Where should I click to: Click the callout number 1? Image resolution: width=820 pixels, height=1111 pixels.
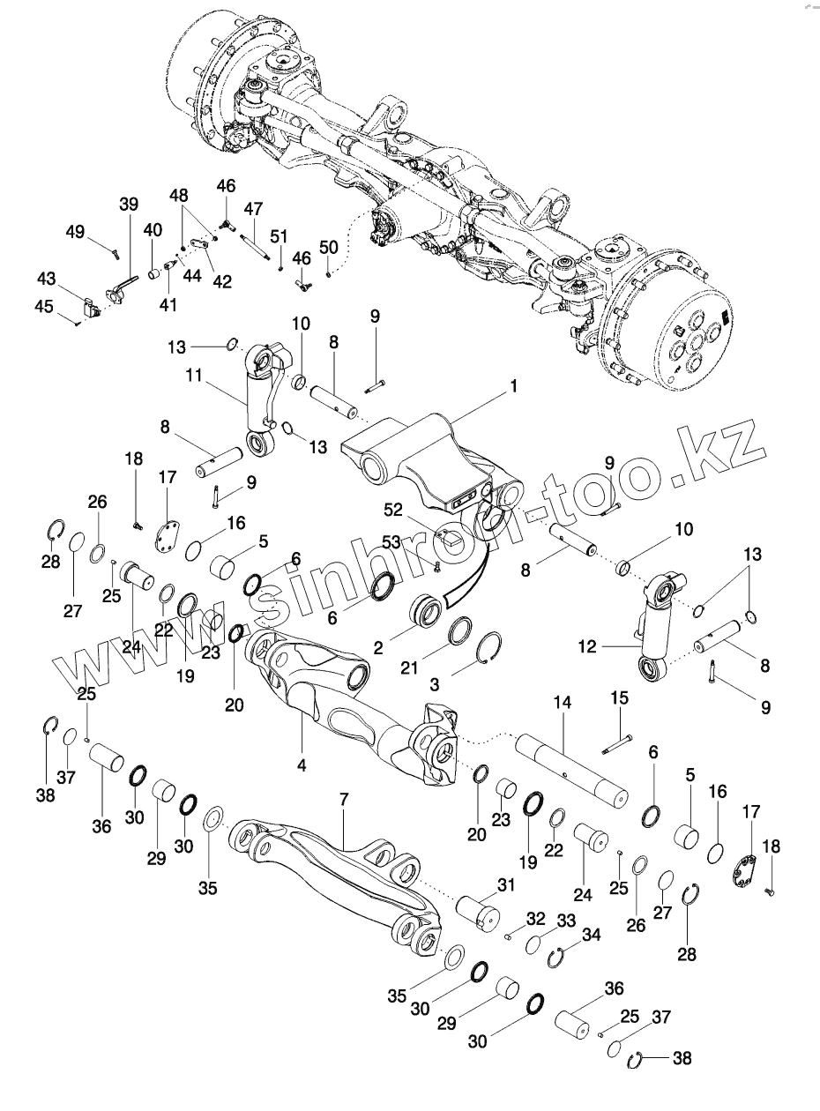coord(513,385)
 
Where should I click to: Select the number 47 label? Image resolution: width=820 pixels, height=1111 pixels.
coord(254,209)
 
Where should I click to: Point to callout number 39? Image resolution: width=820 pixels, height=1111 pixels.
coord(129,205)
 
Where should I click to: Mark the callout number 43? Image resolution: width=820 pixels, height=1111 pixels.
coord(46,278)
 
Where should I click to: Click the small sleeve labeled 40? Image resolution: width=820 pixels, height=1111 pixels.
coord(154,273)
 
